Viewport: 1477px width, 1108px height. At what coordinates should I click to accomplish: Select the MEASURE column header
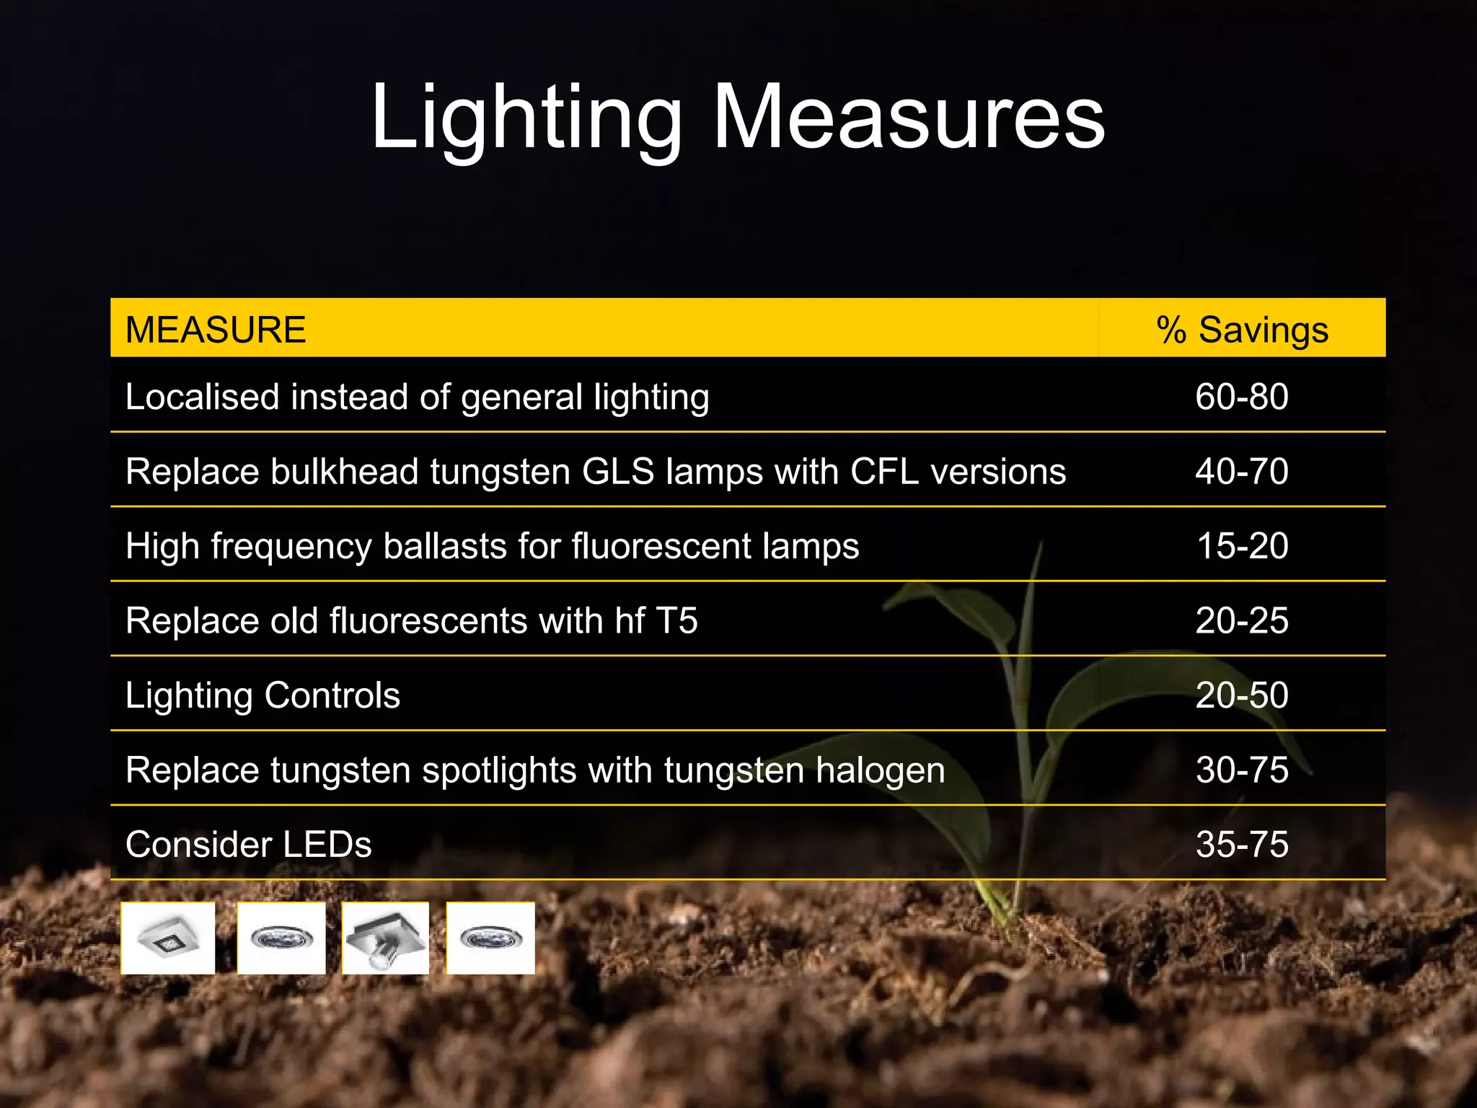pyautogui.click(x=216, y=330)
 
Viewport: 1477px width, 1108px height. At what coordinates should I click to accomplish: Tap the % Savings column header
pyautogui.click(x=1242, y=330)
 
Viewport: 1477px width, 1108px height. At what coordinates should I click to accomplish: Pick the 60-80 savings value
pyautogui.click(x=1242, y=397)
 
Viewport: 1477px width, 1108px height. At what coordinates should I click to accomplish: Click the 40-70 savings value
pyautogui.click(x=1242, y=472)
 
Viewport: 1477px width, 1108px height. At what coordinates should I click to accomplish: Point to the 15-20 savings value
pyautogui.click(x=1242, y=546)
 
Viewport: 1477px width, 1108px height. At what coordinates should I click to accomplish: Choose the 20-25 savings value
pyautogui.click(x=1242, y=620)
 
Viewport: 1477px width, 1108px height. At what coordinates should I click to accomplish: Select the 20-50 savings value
pyautogui.click(x=1242, y=695)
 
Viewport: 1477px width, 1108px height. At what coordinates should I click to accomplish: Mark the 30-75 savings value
pyautogui.click(x=1242, y=770)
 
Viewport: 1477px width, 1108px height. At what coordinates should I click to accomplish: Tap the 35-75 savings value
pyautogui.click(x=1242, y=845)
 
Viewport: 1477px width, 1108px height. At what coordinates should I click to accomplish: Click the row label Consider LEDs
pyautogui.click(x=248, y=845)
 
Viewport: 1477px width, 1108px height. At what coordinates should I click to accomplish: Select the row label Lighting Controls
pyautogui.click(x=263, y=695)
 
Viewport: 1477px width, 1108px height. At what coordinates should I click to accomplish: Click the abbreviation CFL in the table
pyautogui.click(x=885, y=472)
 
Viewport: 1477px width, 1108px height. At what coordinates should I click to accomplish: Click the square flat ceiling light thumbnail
pyautogui.click(x=168, y=938)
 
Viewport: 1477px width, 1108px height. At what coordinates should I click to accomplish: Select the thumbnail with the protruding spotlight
pyautogui.click(x=385, y=938)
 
